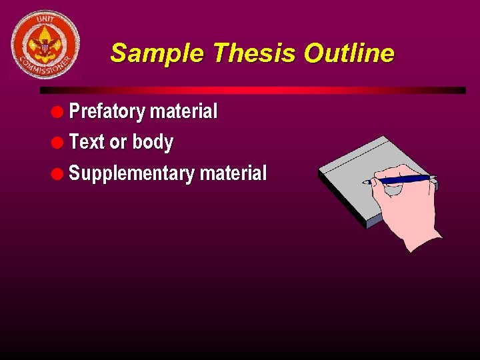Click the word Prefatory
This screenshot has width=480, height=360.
point(107,111)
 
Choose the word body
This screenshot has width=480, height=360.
point(153,142)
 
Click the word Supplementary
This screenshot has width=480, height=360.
point(131,174)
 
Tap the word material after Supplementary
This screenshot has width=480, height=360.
point(233,173)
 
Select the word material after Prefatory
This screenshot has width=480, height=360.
point(183,111)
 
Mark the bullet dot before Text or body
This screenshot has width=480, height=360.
point(61,142)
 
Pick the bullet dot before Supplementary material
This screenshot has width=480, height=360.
point(61,173)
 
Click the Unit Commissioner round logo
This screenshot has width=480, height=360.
point(45,45)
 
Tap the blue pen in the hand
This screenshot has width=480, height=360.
point(400,179)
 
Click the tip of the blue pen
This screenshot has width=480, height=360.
point(364,182)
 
